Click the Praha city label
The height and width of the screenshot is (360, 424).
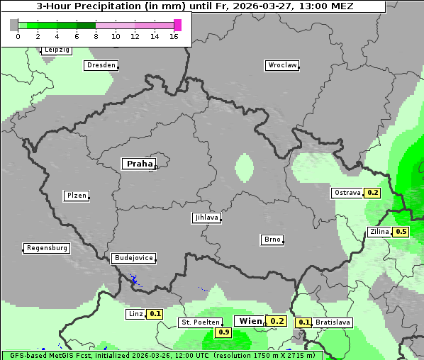point(139,164)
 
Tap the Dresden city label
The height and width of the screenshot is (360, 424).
point(101,65)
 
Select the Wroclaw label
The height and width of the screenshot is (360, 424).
point(281,65)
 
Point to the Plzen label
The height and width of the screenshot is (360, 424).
point(76,196)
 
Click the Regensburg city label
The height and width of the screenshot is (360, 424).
point(47,248)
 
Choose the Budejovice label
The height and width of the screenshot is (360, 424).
point(133,258)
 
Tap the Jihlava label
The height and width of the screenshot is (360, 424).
point(206,218)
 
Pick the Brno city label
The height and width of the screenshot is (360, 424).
point(272,240)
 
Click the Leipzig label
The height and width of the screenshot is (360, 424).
point(56,50)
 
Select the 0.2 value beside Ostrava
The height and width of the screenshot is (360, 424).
point(373,193)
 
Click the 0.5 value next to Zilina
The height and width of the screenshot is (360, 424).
point(401,232)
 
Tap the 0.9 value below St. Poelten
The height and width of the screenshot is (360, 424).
point(224,332)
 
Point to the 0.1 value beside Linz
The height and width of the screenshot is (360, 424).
point(155,313)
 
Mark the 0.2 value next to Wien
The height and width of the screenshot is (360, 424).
point(277,321)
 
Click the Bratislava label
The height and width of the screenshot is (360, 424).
point(333,322)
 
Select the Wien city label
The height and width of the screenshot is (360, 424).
point(250,321)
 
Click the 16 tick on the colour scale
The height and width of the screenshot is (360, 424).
point(174,36)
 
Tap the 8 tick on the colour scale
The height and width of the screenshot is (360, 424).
point(96,36)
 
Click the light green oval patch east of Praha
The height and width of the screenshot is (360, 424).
point(244,167)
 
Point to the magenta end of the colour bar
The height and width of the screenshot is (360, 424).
point(177,25)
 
